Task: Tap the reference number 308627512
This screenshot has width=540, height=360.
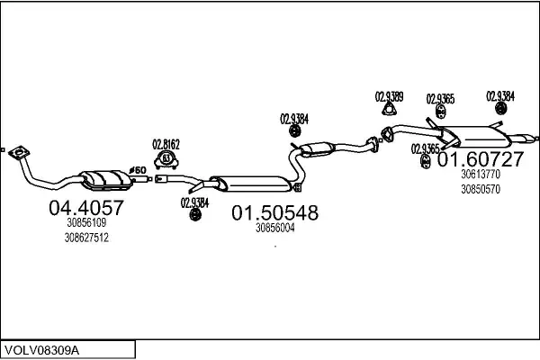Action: pos(86,238)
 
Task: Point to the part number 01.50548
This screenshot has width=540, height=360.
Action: pos(275,213)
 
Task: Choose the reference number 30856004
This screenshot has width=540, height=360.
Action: pos(275,228)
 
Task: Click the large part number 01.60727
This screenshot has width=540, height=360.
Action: pos(480,160)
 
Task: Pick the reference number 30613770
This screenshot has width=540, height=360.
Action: pos(480,176)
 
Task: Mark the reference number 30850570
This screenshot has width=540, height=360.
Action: pos(480,190)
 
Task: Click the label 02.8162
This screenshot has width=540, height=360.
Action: pos(166,143)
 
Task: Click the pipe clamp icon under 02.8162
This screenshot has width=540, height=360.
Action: pos(166,160)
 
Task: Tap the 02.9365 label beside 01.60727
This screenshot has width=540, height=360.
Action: pos(425,148)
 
